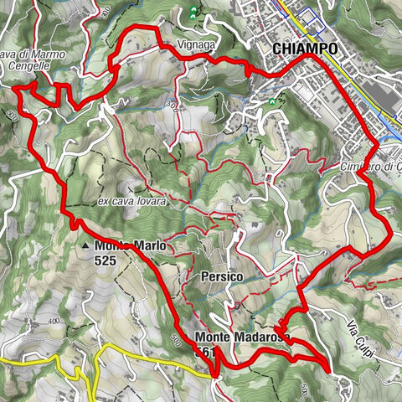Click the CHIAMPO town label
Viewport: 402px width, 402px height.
306,49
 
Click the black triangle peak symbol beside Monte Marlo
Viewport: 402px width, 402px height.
87,245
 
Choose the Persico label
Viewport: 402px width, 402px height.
222,276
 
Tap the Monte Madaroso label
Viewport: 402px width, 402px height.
242,337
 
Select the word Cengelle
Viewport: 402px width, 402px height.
23,67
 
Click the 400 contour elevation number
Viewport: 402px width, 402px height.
55,322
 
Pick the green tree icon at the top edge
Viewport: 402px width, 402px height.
193,12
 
